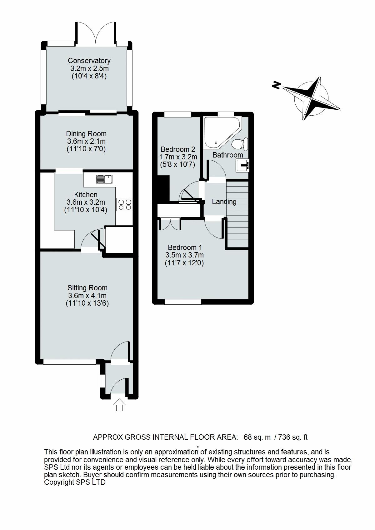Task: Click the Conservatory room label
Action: tap(89, 61)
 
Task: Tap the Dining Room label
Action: tap(86, 134)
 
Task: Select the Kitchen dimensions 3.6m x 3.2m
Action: tap(86, 202)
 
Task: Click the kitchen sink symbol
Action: tap(104, 179)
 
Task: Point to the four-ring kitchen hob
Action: tap(124, 204)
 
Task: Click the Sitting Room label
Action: tap(87, 288)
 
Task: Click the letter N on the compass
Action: tap(276, 85)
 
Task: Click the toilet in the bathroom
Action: tap(240, 144)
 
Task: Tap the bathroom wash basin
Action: tap(243, 165)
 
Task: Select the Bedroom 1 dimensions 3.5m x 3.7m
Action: tap(184, 255)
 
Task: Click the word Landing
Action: tap(224, 202)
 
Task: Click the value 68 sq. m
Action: tap(257, 437)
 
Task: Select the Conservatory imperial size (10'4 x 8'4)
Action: tap(89, 76)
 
